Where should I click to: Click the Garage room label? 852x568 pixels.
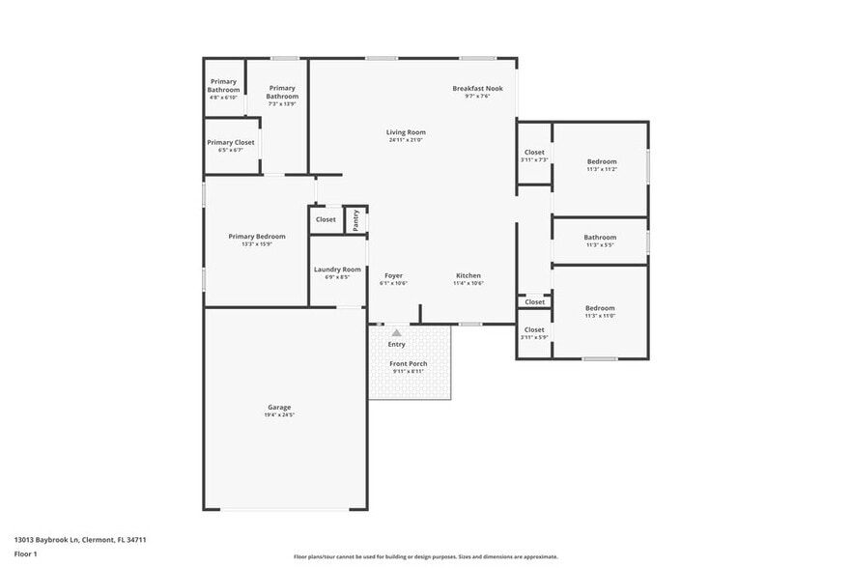coord(279,407)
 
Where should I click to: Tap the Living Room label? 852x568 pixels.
coord(406,132)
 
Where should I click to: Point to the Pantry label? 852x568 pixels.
coord(355,219)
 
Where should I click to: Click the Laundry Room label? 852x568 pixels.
coord(337,270)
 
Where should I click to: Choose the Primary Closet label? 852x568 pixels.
coord(231,142)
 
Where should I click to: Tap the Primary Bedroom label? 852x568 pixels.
coord(257,237)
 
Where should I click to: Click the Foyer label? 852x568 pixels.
coord(393,275)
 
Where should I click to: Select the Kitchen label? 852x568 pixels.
coord(469,275)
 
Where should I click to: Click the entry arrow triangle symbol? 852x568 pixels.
coord(396,332)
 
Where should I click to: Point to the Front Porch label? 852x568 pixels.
coord(409,363)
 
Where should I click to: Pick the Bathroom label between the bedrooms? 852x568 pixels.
coord(600,237)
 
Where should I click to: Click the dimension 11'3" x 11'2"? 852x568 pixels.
coord(601,169)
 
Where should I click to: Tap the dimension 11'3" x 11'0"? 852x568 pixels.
coord(600,316)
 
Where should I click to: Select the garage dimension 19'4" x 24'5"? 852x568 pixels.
coord(279,415)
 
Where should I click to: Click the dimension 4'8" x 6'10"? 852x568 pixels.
coord(224,98)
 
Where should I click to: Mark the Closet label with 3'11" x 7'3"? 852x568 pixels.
coord(534,152)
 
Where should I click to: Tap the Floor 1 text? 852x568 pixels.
coord(26,554)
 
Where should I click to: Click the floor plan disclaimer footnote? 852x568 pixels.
coord(426,556)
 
